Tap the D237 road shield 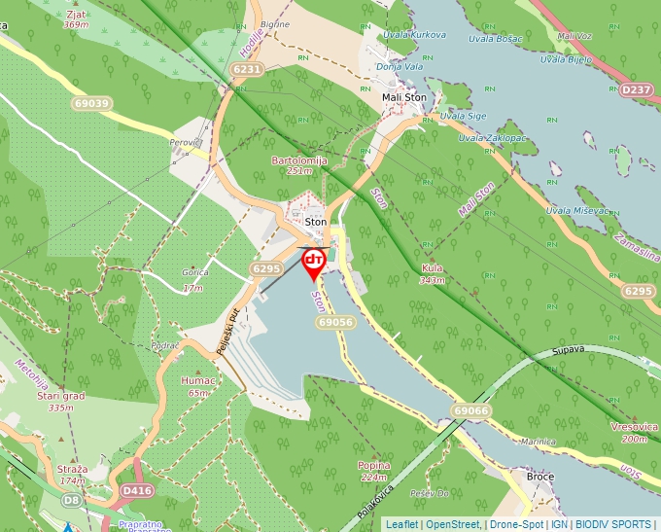pos(636,89)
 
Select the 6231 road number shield pos(247,69)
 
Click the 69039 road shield pos(91,103)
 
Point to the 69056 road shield pos(334,321)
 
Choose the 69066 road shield pos(470,411)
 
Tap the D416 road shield pos(137,491)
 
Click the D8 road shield pos(72,500)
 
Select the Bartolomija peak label pos(299,160)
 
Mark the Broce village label pos(539,477)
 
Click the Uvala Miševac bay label pos(577,210)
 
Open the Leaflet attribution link pos(401,524)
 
